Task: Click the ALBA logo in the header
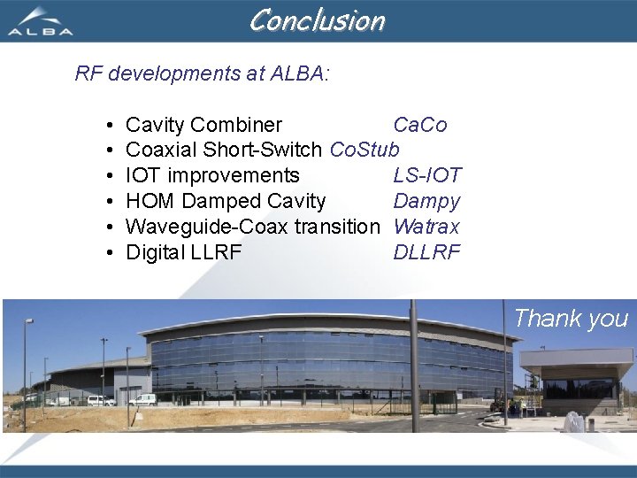pyautogui.click(x=40, y=21)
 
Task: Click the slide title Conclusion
pyautogui.click(x=317, y=19)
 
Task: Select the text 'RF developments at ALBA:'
pyautogui.click(x=202, y=73)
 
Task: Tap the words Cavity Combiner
pyautogui.click(x=203, y=125)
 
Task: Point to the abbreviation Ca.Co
pyautogui.click(x=419, y=125)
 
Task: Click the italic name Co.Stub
pyautogui.click(x=365, y=150)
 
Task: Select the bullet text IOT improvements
pyautogui.click(x=212, y=175)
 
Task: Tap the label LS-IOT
pyautogui.click(x=426, y=175)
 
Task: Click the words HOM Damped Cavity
pyautogui.click(x=226, y=201)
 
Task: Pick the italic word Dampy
pyautogui.click(x=426, y=201)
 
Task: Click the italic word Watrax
pyautogui.click(x=426, y=227)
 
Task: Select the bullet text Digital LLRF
pyautogui.click(x=183, y=252)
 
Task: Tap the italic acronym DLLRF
pyautogui.click(x=426, y=252)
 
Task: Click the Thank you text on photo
pyautogui.click(x=571, y=319)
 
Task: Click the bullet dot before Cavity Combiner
pyautogui.click(x=107, y=125)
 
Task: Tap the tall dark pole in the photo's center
pyautogui.click(x=413, y=367)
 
